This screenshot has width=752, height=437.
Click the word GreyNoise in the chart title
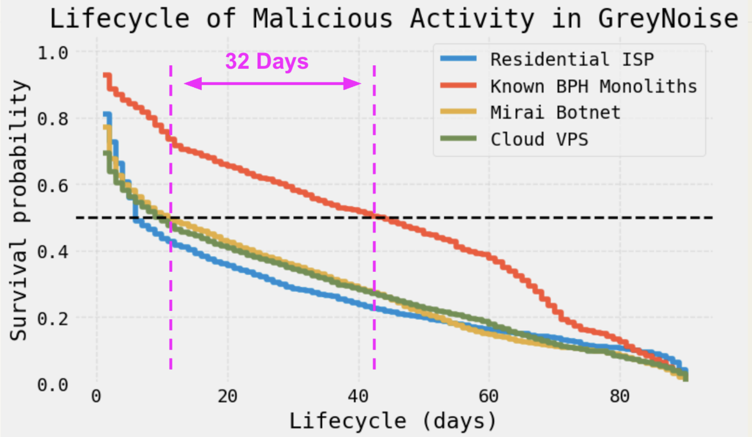pos(668,19)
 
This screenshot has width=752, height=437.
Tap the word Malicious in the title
pos(323,19)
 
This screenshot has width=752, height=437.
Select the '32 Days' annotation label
pos(267,62)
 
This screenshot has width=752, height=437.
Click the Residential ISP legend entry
pos(572,60)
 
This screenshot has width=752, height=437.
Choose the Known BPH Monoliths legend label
pos(593,86)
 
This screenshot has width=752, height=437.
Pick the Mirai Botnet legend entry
pos(555,113)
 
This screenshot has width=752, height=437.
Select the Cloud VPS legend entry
pos(539,139)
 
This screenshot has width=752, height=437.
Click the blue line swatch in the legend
pos(458,59)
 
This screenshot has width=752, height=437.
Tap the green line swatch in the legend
pos(458,139)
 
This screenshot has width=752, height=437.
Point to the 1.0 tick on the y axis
pos(53,53)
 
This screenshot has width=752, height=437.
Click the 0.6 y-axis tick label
pos(53,186)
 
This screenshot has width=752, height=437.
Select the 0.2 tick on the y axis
pos(53,318)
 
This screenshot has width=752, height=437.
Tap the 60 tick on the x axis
pos(488,396)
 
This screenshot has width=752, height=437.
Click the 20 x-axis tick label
pos(227,396)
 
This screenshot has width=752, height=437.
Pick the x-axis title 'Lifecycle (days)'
pos(393,421)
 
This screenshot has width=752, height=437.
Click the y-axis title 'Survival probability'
pos(19,210)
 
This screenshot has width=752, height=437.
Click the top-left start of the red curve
pos(107,76)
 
